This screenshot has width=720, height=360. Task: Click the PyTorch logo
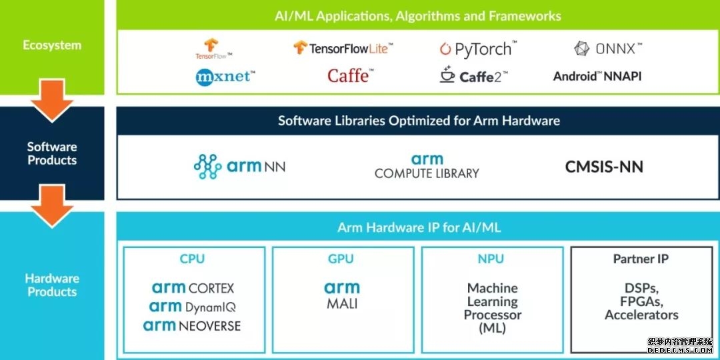[x=478, y=49]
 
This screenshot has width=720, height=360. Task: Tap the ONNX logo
[x=608, y=49]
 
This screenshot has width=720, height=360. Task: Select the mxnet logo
[x=225, y=77]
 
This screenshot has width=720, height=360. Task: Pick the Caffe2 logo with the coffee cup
[x=473, y=76]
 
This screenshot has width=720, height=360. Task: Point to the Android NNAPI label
[x=597, y=76]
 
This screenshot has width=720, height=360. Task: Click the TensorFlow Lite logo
[x=343, y=48]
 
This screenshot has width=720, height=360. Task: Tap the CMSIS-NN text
[x=604, y=167]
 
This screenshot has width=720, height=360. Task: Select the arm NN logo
[x=239, y=167]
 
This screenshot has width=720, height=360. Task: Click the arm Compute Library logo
[x=427, y=167]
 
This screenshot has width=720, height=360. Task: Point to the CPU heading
[x=193, y=259]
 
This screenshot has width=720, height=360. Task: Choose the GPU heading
[x=341, y=259]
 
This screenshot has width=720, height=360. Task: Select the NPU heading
[x=491, y=259]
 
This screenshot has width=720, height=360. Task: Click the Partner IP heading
[x=641, y=259]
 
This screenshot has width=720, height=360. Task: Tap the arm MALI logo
[x=342, y=295]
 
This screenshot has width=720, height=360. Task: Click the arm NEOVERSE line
[x=192, y=326]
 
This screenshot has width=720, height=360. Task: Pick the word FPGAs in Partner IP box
[x=641, y=301]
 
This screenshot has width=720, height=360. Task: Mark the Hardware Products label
[x=52, y=285]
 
